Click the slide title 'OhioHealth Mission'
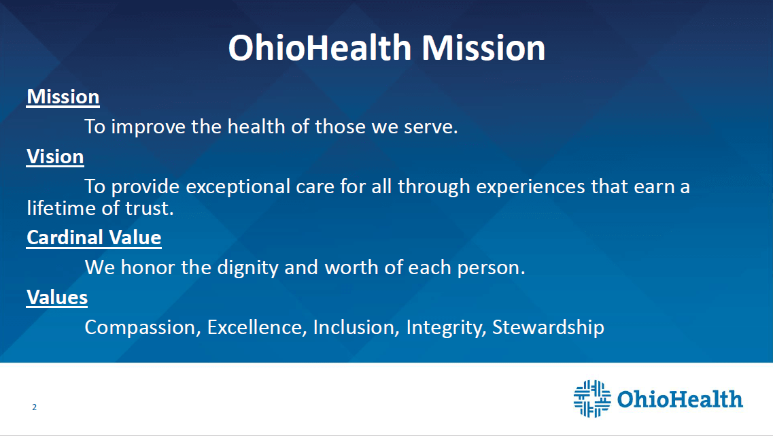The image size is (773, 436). pyautogui.click(x=386, y=48)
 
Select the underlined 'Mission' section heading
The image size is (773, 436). pyautogui.click(x=63, y=97)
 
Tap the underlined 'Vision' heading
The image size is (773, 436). pyautogui.click(x=55, y=157)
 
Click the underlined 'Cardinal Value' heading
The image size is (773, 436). pyautogui.click(x=94, y=238)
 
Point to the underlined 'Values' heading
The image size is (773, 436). pyautogui.click(x=57, y=297)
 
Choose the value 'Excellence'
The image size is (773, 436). pyautogui.click(x=254, y=327)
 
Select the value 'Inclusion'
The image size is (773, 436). pyautogui.click(x=354, y=327)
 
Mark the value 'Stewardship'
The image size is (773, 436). pyautogui.click(x=548, y=328)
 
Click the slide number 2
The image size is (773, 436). pyautogui.click(x=35, y=407)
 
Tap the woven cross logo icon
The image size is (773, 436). pyautogui.click(x=592, y=399)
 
